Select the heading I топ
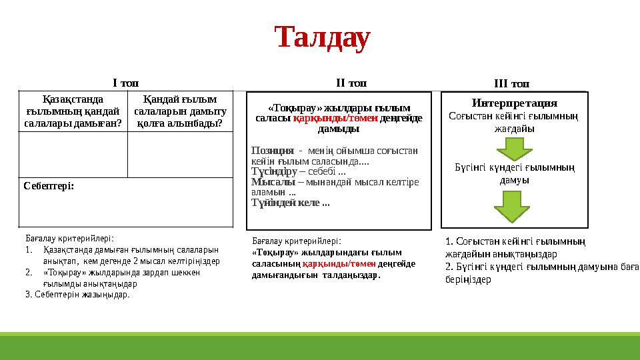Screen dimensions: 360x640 125,83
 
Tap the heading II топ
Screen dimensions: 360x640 351,83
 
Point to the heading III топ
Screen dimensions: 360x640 511,83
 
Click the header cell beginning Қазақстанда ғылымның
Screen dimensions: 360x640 72,111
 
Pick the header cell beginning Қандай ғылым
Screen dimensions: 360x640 180,111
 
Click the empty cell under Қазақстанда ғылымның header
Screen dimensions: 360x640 72,153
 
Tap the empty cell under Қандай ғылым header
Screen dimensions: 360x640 180,153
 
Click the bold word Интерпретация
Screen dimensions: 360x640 514,103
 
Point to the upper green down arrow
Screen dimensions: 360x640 515,147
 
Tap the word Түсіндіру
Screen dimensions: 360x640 274,171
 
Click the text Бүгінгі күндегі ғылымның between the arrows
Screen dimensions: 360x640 515,167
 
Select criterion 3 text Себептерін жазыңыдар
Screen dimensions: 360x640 77,294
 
